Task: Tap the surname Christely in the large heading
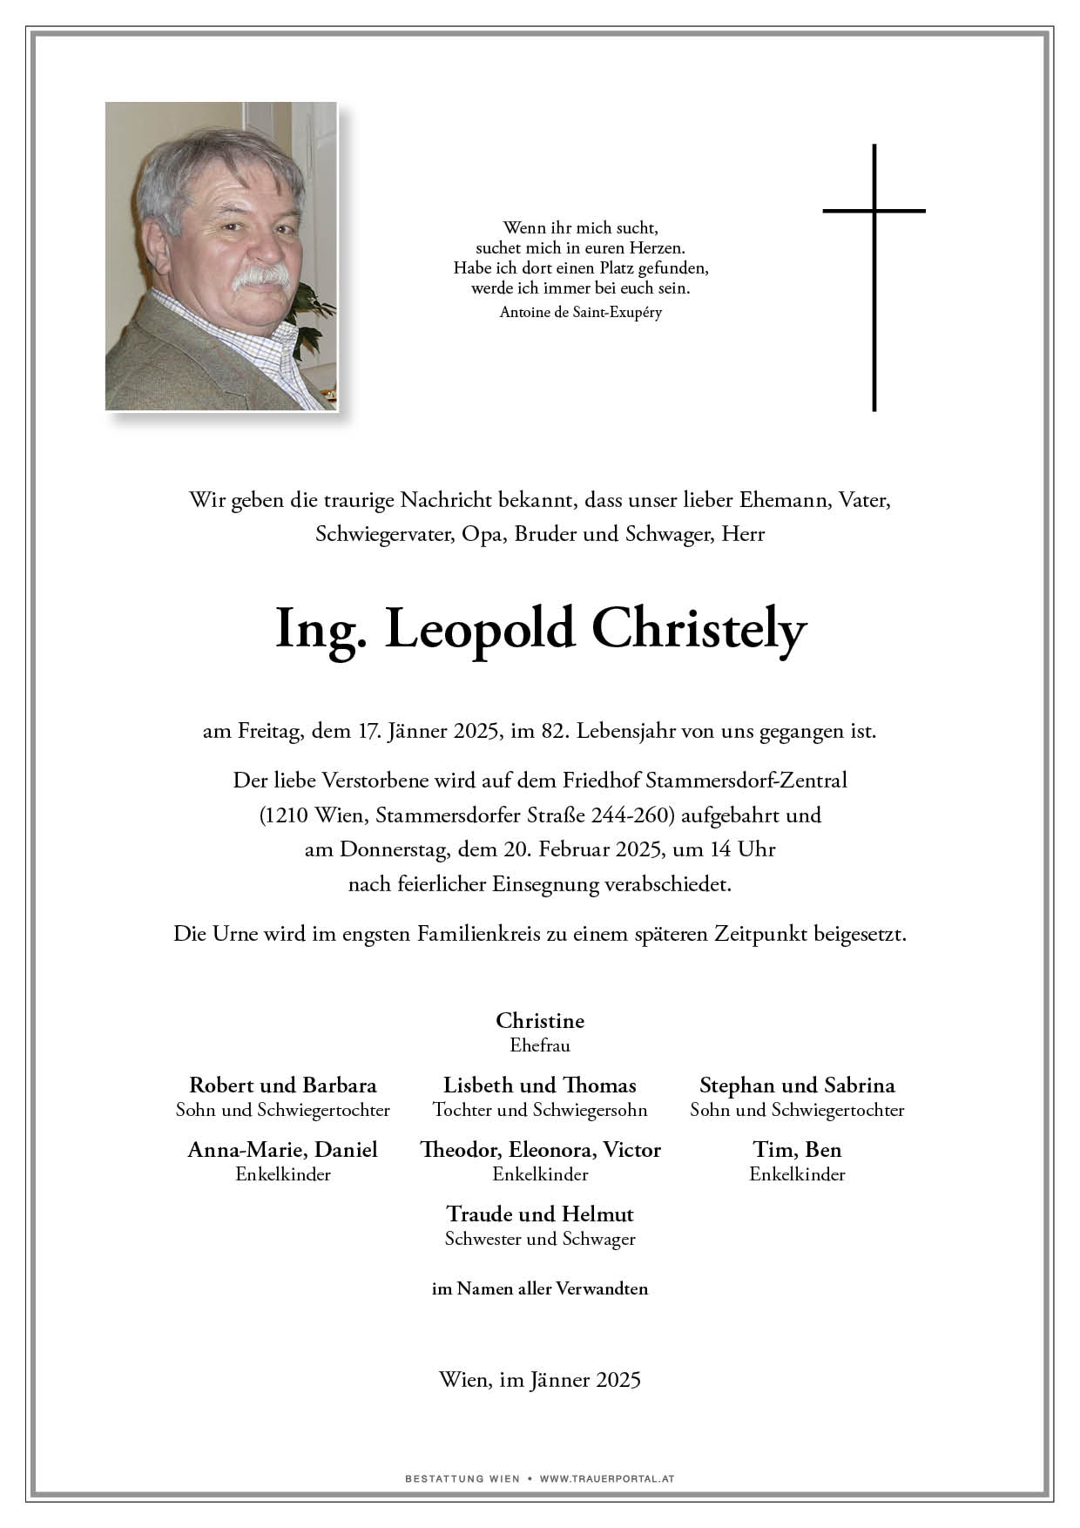coord(699,630)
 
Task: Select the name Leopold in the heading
coord(480,630)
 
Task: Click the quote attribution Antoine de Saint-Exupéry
coord(581,312)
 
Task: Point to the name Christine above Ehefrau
coord(540,1020)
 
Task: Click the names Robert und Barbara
coord(283,1085)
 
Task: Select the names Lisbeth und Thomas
coord(540,1085)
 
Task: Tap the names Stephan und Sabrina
coord(797,1085)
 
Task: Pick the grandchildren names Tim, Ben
coord(797,1149)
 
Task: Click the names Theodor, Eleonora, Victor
coord(540,1149)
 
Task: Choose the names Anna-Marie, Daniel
coord(283,1149)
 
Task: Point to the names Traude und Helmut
coord(540,1214)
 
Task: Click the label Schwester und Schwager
coord(540,1239)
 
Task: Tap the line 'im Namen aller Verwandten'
coord(540,1288)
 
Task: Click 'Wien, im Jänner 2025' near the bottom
coord(540,1379)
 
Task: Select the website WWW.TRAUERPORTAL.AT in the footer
coord(607,1478)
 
